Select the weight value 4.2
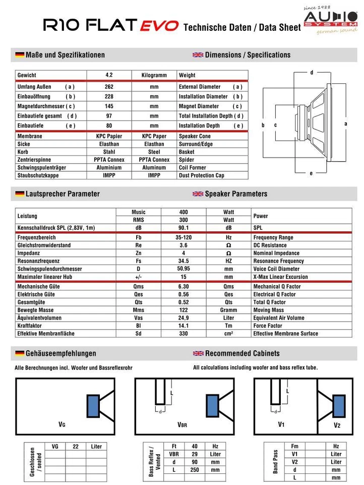point(109,75)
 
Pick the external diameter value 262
point(109,87)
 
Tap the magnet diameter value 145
point(109,106)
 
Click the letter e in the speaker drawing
point(311,173)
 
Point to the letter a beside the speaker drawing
point(346,123)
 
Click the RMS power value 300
point(184,220)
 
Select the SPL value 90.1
point(184,228)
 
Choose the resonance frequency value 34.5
point(184,261)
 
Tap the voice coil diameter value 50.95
point(184,269)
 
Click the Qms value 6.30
point(184,286)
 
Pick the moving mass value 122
point(184,310)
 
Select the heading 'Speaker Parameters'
point(236,193)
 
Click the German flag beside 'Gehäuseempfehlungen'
point(20,353)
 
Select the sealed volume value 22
point(76,446)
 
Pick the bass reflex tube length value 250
point(195,470)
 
